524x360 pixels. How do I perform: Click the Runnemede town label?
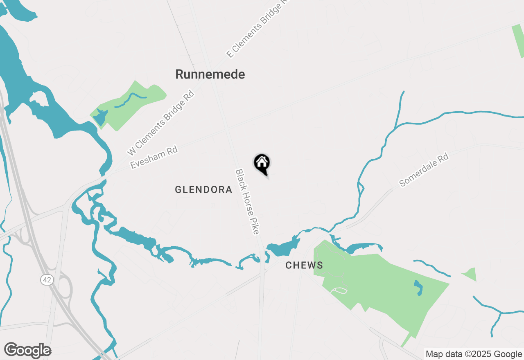[210, 74]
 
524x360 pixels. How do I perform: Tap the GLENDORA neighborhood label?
[203, 190]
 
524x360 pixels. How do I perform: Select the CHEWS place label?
[304, 265]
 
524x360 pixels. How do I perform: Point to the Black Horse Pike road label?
[247, 202]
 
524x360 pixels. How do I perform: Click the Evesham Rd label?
[154, 157]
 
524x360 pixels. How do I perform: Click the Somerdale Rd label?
[424, 170]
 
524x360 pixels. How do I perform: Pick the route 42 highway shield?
[47, 280]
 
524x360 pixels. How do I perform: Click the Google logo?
[28, 351]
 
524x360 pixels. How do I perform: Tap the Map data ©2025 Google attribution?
[474, 354]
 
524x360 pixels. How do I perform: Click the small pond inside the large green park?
[418, 288]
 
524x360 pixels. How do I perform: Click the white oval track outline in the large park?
[339, 290]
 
